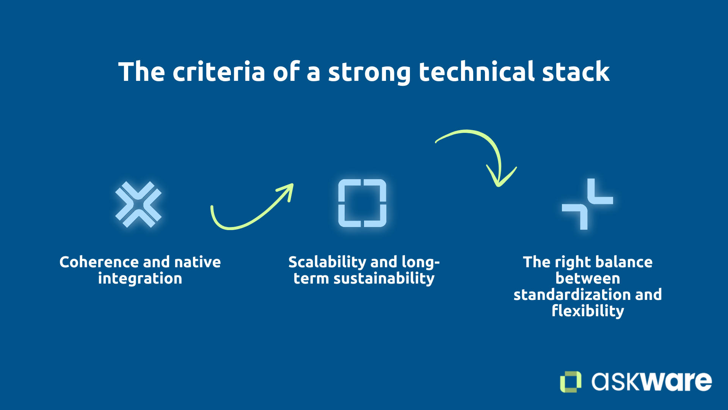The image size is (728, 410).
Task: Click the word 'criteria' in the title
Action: [x=219, y=72]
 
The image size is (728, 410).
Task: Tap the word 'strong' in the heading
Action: [x=369, y=73]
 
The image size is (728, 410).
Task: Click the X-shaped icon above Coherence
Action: [x=138, y=204]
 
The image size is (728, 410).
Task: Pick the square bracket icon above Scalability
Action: [x=362, y=203]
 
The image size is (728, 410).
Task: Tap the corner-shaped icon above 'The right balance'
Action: [x=587, y=204]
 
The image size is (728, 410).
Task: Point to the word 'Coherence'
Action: [x=99, y=262]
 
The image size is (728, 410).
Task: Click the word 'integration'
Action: [x=140, y=279]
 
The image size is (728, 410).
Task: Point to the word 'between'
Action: [x=588, y=279]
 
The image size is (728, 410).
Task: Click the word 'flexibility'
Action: [x=588, y=311]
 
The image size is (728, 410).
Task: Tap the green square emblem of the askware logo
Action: [x=571, y=382]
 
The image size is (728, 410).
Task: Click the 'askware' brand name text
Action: [x=651, y=381]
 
